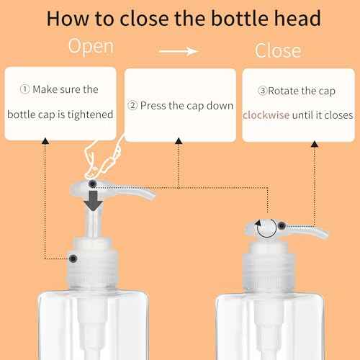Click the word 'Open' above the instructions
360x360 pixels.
point(91,47)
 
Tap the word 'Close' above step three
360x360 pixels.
point(278,50)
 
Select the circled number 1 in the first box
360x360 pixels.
point(25,91)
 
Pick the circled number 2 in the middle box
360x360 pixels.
point(132,105)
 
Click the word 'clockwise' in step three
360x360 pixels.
point(268,114)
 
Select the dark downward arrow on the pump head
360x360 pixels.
point(92,197)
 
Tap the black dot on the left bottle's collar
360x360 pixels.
point(73,258)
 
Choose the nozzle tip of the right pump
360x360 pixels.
point(323,234)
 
